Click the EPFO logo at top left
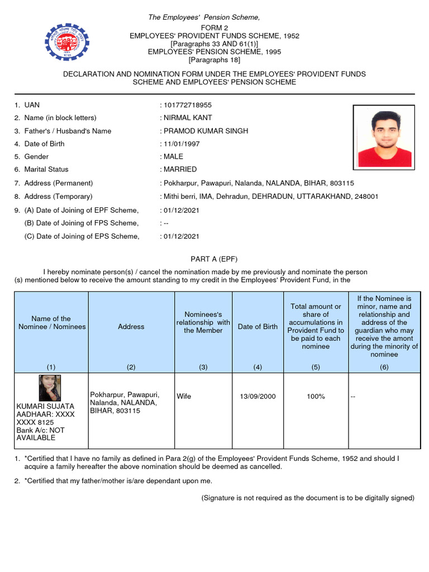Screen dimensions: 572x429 coord(66,41)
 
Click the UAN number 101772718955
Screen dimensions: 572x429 coord(188,105)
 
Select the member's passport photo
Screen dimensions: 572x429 coord(384,136)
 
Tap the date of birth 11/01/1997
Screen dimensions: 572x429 coord(181,144)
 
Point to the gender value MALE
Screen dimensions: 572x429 coord(174,156)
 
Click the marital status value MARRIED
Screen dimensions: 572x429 coord(180,169)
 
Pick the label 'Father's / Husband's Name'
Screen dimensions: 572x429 coord(68,131)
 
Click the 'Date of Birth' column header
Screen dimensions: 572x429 coord(258,327)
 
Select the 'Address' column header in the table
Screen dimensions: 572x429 coord(131,327)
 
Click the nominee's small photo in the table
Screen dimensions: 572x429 coord(50,388)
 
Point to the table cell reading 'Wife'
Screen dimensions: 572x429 coord(184,396)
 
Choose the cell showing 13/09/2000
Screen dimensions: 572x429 coord(258,396)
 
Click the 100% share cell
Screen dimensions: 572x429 coord(316,396)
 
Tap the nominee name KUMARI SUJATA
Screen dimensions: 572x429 coord(45,406)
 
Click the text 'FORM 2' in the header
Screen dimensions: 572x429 coord(214,28)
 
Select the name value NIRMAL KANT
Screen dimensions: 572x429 coord(188,118)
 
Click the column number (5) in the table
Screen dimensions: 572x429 coord(316,366)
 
